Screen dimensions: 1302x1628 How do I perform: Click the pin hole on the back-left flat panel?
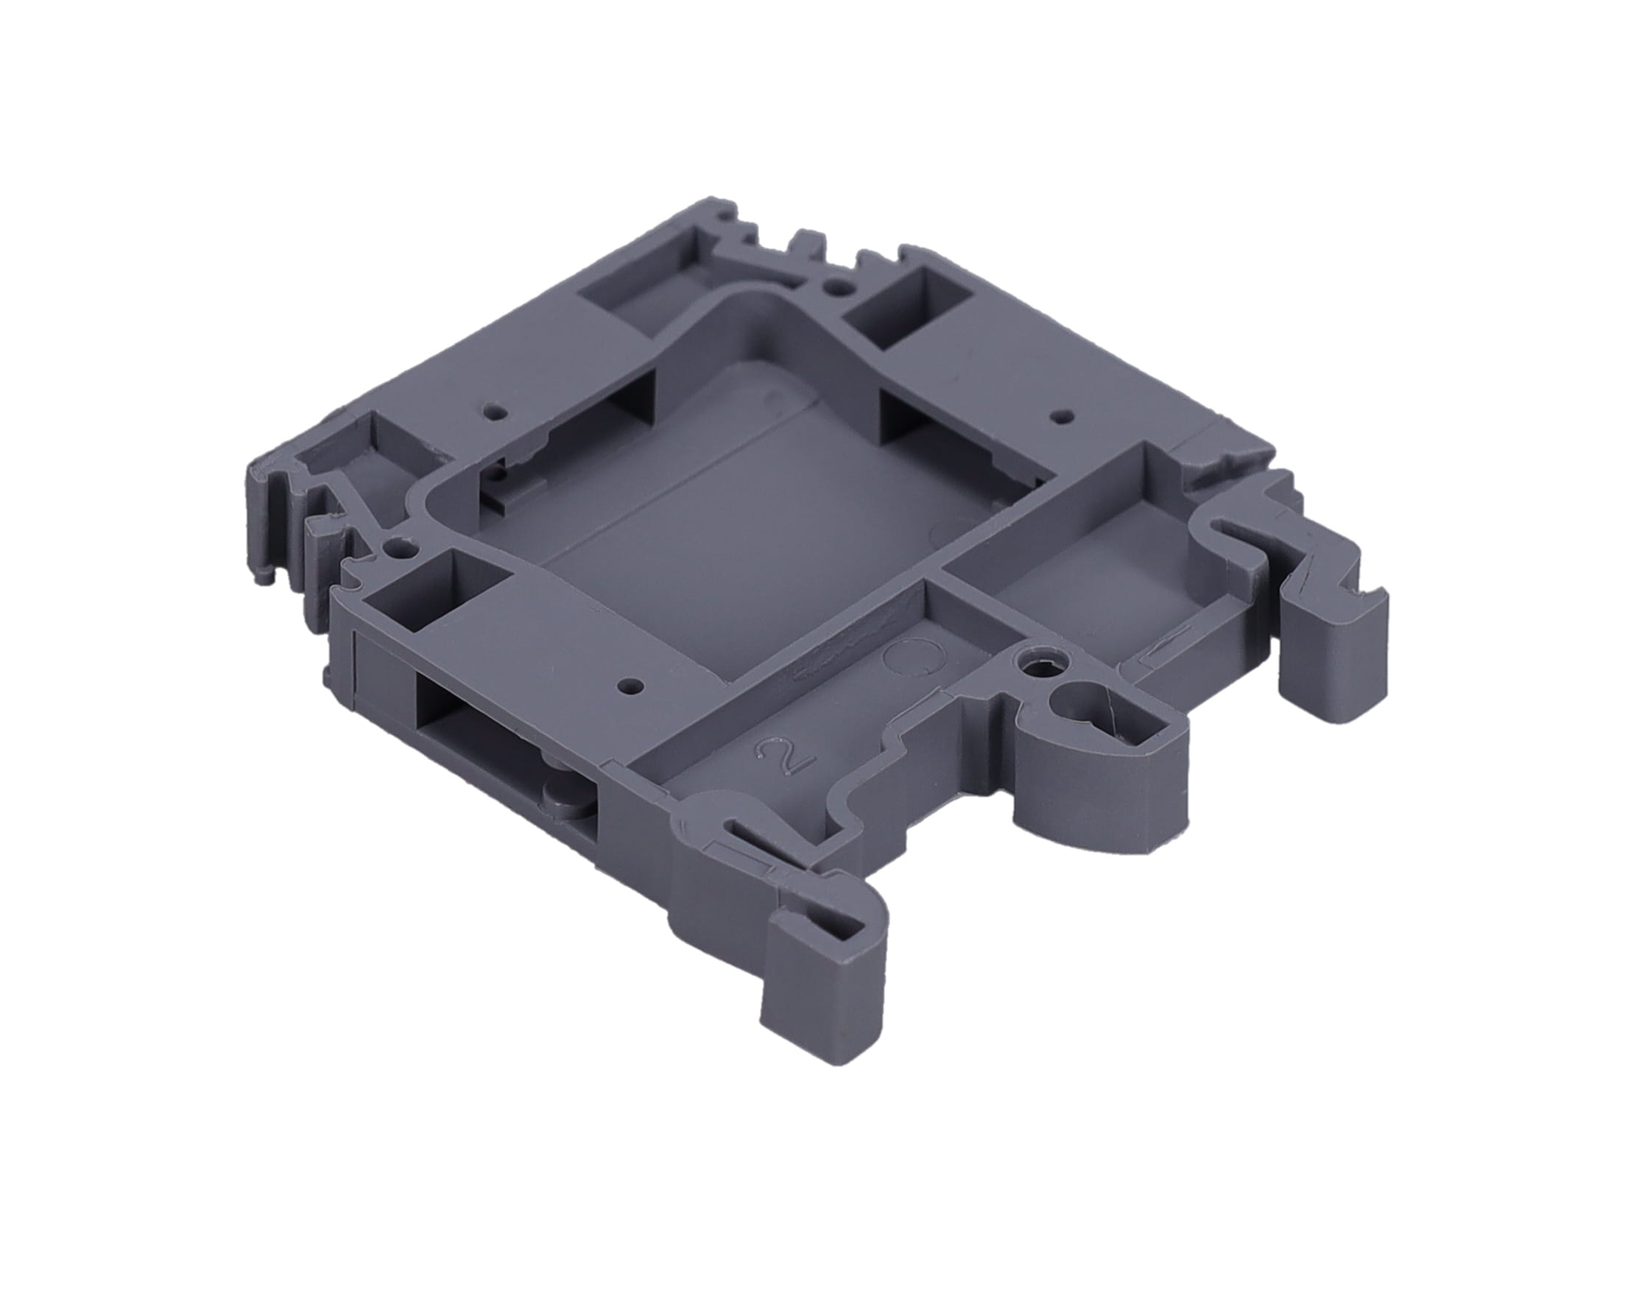(495, 412)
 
